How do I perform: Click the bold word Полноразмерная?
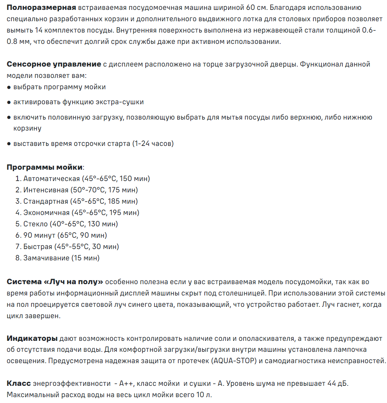[x=41, y=8]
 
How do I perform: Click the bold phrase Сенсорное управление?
[x=54, y=64]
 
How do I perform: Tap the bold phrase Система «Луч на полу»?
[x=55, y=282]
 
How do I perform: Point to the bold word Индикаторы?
[x=32, y=338]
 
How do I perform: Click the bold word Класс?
[x=19, y=384]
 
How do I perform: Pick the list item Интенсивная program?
[x=81, y=190]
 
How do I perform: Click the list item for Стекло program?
[x=70, y=224]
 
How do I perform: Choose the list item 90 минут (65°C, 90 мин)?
[x=65, y=235]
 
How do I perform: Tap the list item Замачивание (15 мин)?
[x=61, y=258]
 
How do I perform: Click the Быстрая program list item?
[x=71, y=246]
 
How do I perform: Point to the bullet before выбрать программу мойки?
[x=9, y=87]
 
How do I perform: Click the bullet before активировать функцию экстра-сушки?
[x=9, y=102]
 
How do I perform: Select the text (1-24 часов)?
[x=153, y=144]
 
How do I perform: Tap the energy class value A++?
[x=127, y=384]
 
